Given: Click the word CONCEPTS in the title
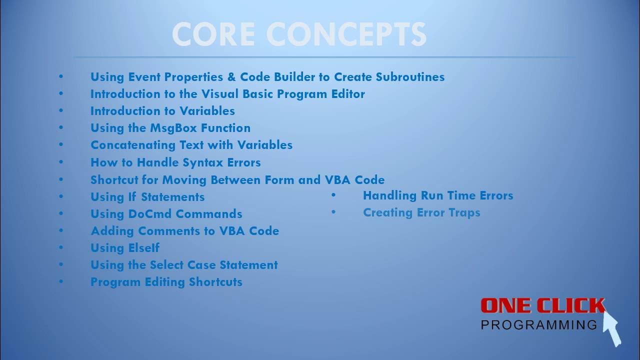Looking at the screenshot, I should [349, 34].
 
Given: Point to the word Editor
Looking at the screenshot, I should [347, 94].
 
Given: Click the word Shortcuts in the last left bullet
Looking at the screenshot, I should [215, 282].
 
